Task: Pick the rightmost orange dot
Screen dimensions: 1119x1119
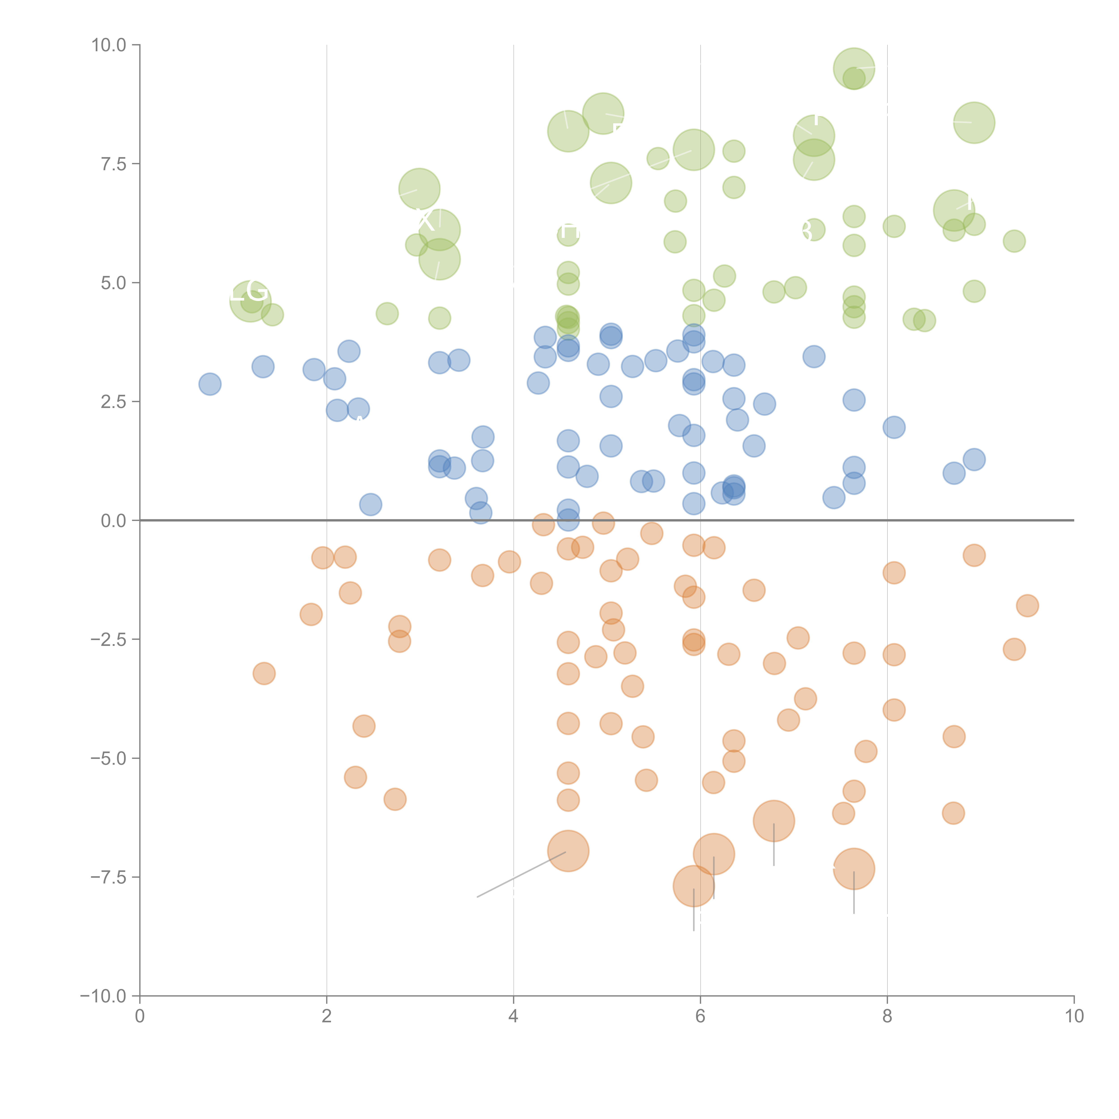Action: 1027,606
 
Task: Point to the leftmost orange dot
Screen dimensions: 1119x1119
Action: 264,674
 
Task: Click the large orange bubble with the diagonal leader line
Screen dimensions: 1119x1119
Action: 568,851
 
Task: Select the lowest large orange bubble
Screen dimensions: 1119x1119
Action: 693,886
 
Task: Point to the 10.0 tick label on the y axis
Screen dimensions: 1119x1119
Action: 109,45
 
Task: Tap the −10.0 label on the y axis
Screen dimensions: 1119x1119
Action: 103,996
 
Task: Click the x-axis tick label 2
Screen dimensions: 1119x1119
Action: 327,1016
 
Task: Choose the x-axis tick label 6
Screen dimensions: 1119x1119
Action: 700,1016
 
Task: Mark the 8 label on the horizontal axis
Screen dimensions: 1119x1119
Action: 887,1016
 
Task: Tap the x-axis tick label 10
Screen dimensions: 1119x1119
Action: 1074,1016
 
